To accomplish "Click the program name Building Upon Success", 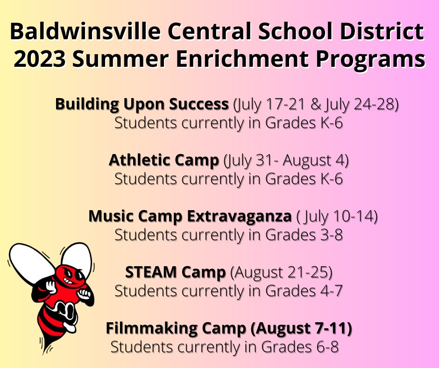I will click(142, 104).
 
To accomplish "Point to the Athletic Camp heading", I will click(164, 160).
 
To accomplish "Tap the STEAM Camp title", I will click(175, 272).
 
